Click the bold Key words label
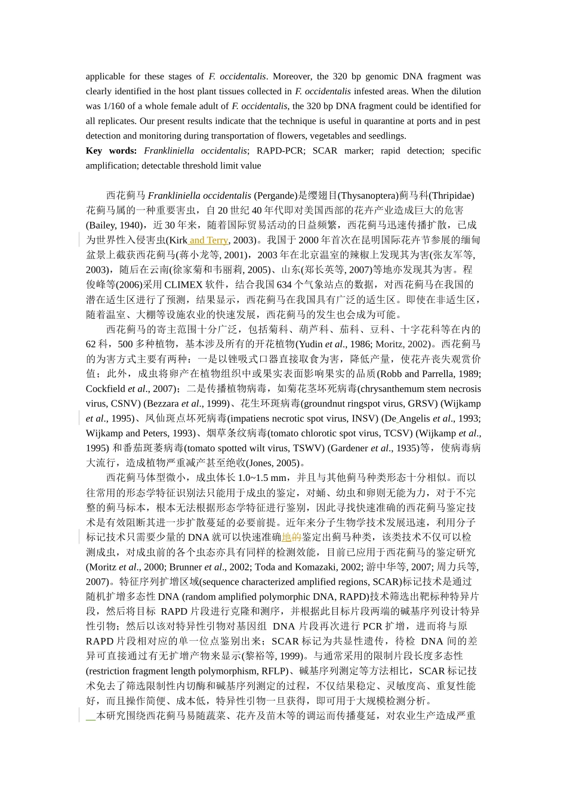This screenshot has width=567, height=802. (111, 151)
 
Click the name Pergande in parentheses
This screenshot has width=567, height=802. (275, 196)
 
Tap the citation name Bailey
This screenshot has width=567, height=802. (101, 226)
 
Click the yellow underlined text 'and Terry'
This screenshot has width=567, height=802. (209, 240)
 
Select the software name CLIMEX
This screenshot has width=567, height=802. (184, 285)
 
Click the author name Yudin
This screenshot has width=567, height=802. (310, 344)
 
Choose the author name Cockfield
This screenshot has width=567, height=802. (106, 389)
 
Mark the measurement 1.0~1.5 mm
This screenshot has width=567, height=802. (261, 478)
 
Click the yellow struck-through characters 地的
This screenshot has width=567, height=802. (291, 538)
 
